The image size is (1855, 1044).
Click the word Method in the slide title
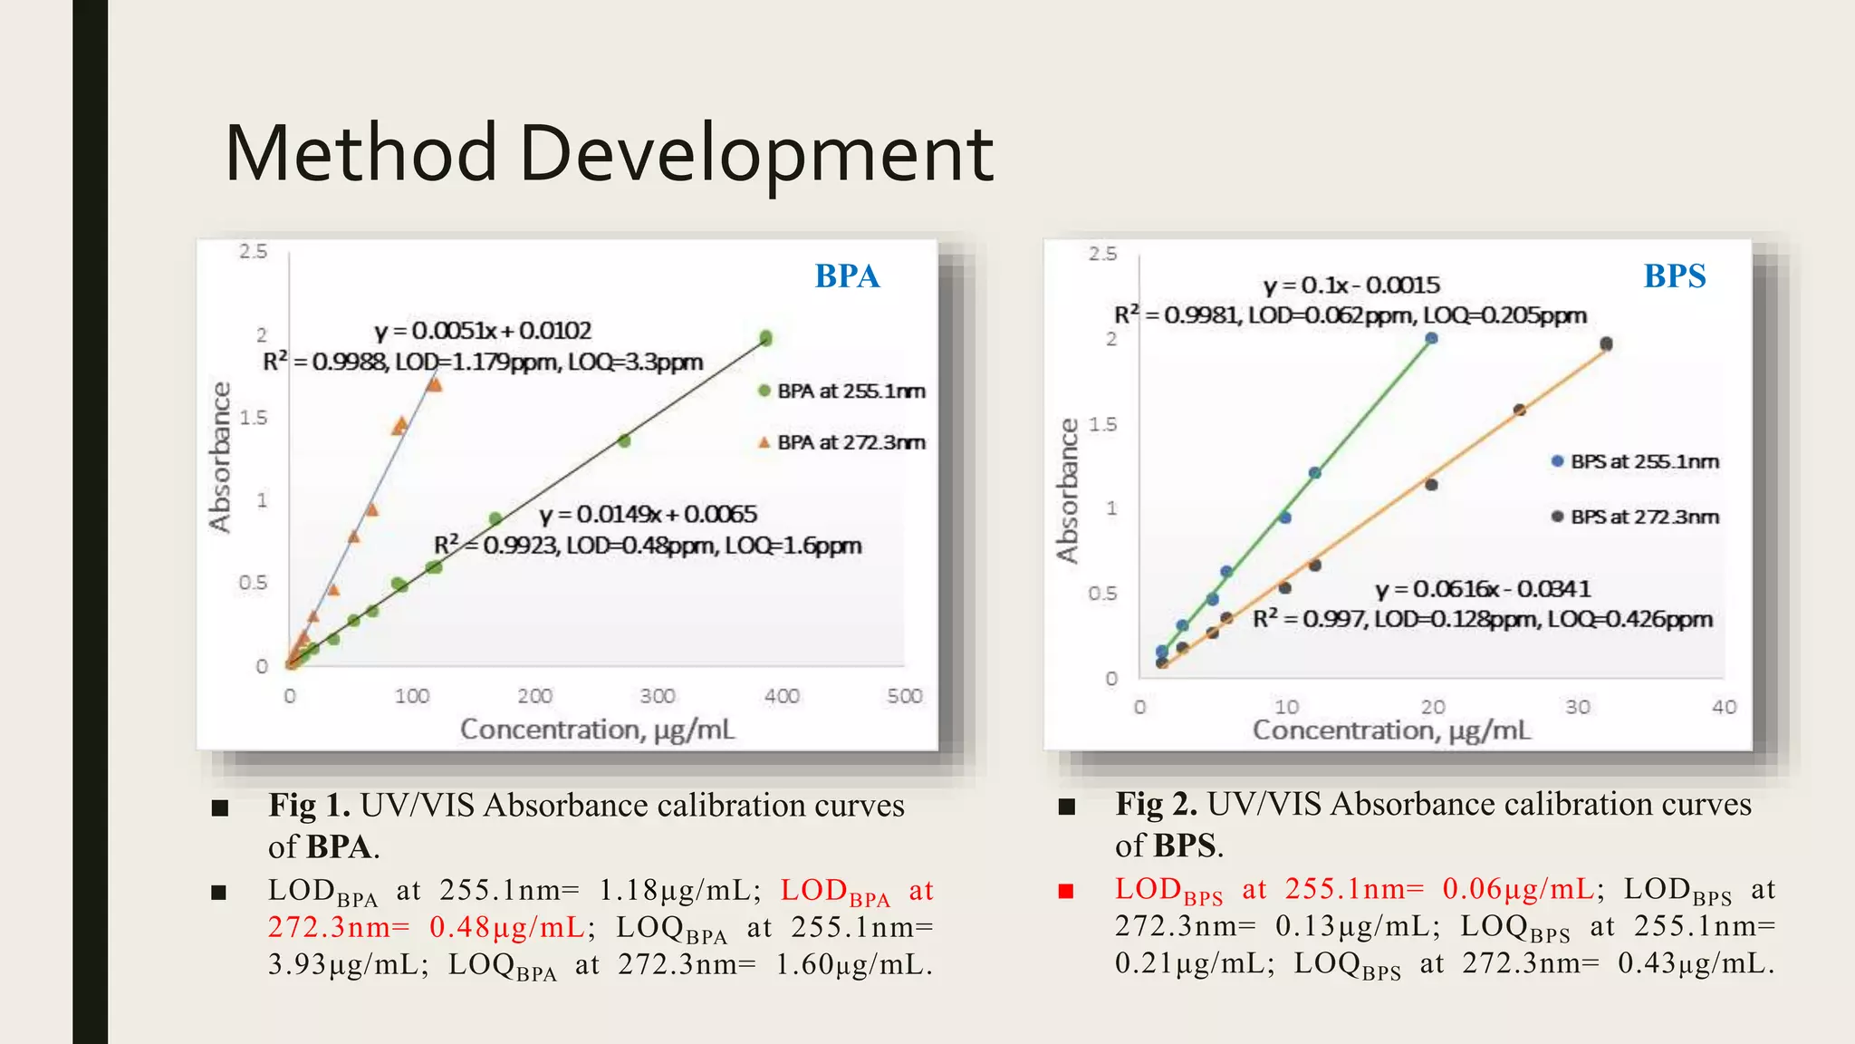click(x=360, y=153)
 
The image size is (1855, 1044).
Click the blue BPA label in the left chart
click(x=847, y=276)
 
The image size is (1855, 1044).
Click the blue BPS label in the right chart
click(x=1674, y=276)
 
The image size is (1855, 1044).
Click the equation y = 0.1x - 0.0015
click(x=1350, y=285)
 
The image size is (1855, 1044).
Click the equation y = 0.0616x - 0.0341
click(x=1482, y=589)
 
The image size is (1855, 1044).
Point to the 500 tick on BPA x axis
click(x=904, y=696)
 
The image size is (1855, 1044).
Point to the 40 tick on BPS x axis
click(x=1724, y=707)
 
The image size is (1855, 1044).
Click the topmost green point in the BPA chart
click(x=765, y=338)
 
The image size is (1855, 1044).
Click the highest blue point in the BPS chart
click(x=1431, y=338)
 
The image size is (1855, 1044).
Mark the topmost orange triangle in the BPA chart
click(x=434, y=384)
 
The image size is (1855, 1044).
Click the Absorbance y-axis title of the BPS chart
click(x=1068, y=490)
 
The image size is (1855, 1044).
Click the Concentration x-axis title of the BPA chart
click(x=597, y=730)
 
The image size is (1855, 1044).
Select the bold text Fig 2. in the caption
click(x=1156, y=805)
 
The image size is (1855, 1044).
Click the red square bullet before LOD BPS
click(x=1066, y=891)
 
